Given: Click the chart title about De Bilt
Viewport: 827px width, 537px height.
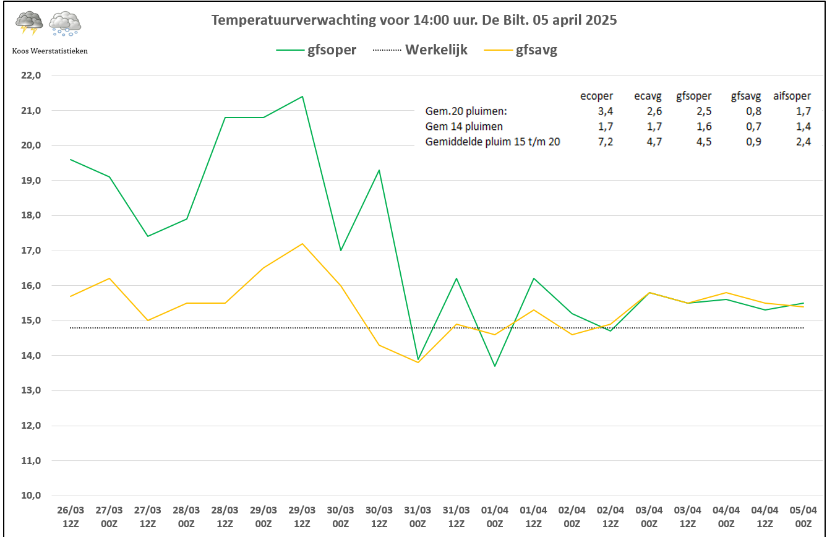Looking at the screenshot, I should [414, 20].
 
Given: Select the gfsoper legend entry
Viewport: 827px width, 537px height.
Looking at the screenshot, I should [332, 50].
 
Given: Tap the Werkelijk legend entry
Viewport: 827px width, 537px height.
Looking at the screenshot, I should [436, 50].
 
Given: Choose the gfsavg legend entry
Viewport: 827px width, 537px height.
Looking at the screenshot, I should [536, 50].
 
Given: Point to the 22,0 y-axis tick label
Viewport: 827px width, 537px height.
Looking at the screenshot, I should [30, 75].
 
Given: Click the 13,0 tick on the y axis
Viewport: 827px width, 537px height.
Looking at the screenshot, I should [30, 390].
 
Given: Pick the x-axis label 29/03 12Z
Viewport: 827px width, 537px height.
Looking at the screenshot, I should [302, 516].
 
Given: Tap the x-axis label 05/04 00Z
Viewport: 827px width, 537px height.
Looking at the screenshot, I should [803, 516].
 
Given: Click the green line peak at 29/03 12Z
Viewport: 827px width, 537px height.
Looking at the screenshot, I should [302, 97].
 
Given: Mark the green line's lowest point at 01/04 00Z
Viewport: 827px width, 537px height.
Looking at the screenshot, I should [495, 366].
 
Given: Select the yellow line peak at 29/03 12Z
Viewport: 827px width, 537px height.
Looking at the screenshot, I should [302, 244].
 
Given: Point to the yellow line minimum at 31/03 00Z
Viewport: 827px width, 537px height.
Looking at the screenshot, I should [418, 363].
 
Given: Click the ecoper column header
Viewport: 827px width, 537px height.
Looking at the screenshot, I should [596, 96].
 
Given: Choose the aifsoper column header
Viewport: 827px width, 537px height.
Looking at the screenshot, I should [792, 96].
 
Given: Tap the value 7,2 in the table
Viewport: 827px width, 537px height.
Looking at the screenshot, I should [605, 142].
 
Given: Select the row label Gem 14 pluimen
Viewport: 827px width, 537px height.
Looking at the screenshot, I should [464, 127].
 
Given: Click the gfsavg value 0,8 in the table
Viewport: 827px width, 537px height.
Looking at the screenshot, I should [753, 111].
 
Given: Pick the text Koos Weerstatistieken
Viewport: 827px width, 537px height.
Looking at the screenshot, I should [49, 51].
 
